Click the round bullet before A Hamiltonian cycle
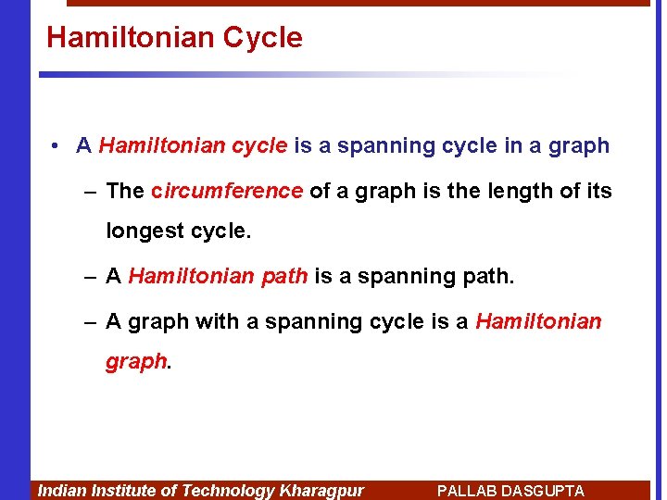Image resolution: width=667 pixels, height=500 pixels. tap(57, 146)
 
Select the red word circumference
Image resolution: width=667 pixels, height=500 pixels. tap(227, 192)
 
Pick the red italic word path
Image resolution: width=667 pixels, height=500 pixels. tap(284, 276)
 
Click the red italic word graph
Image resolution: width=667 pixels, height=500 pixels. tap(136, 361)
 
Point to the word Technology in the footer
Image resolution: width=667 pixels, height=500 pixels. tap(228, 491)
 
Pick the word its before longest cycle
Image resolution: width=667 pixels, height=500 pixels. tap(598, 192)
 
